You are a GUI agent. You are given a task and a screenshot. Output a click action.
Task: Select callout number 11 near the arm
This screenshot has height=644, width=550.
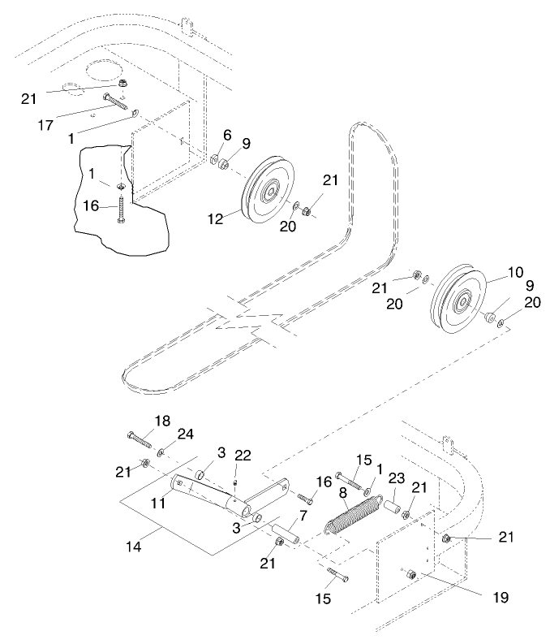[159, 504]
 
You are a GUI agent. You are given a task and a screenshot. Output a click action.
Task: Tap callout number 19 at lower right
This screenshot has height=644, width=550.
[500, 597]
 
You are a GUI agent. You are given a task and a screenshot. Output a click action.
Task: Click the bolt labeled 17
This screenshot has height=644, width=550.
[114, 103]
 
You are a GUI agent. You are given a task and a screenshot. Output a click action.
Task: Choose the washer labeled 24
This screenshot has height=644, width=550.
[162, 451]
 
